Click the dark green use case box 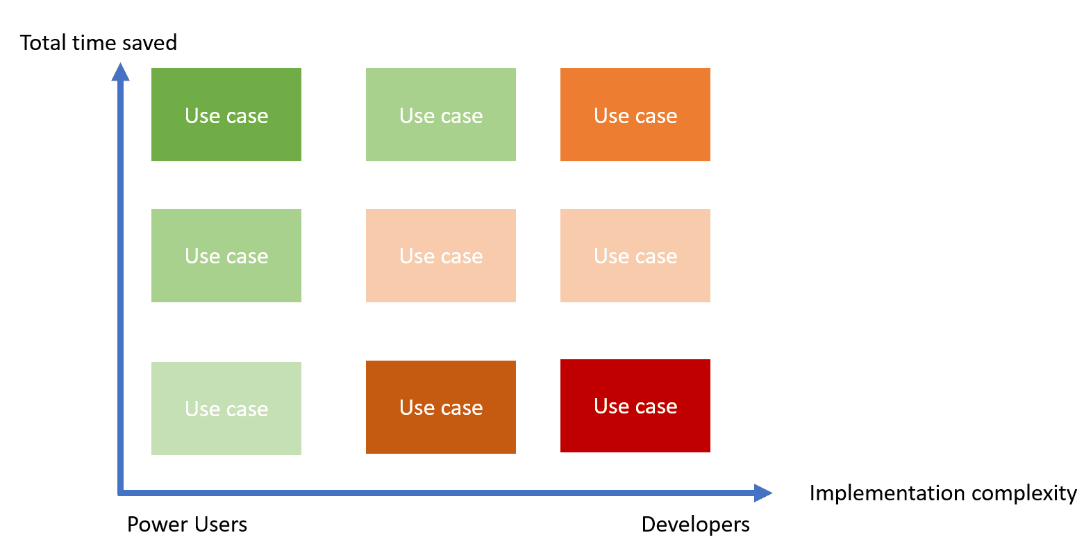click(x=226, y=115)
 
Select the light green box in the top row click(x=440, y=115)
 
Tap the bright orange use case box click(x=635, y=115)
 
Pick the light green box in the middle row click(x=226, y=255)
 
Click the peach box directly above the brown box click(x=440, y=255)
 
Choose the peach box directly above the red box click(x=635, y=255)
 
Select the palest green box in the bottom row click(x=226, y=409)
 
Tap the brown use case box click(x=440, y=407)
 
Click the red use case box click(x=635, y=405)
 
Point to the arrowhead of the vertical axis click(x=121, y=64)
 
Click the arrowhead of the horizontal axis click(x=772, y=493)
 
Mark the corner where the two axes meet click(x=121, y=493)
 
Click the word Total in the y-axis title click(x=42, y=42)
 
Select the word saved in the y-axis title click(x=149, y=42)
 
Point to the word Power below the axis click(x=154, y=524)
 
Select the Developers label click(x=695, y=525)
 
